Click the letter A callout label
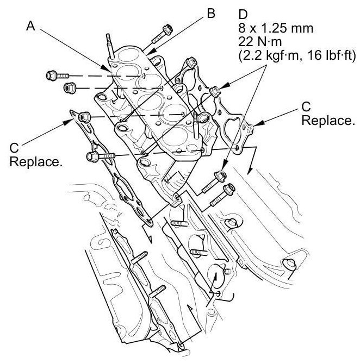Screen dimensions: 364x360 tap(33, 26)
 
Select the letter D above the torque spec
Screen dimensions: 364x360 tap(243, 12)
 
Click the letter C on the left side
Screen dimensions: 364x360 tap(15, 148)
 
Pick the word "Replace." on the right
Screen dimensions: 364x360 tap(327, 121)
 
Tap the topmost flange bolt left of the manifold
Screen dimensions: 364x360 tap(54, 74)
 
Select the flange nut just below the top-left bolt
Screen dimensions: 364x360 tap(70, 87)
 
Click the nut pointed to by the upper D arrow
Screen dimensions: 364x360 tap(215, 90)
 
